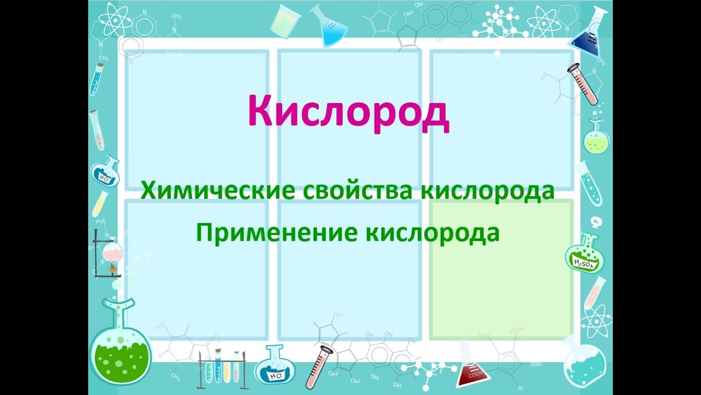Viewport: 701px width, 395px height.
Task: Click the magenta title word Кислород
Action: (x=348, y=112)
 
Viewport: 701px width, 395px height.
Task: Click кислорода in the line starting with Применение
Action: (x=432, y=233)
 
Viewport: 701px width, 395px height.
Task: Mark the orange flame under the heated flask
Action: (x=114, y=269)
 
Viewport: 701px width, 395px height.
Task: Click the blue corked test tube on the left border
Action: (x=97, y=80)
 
